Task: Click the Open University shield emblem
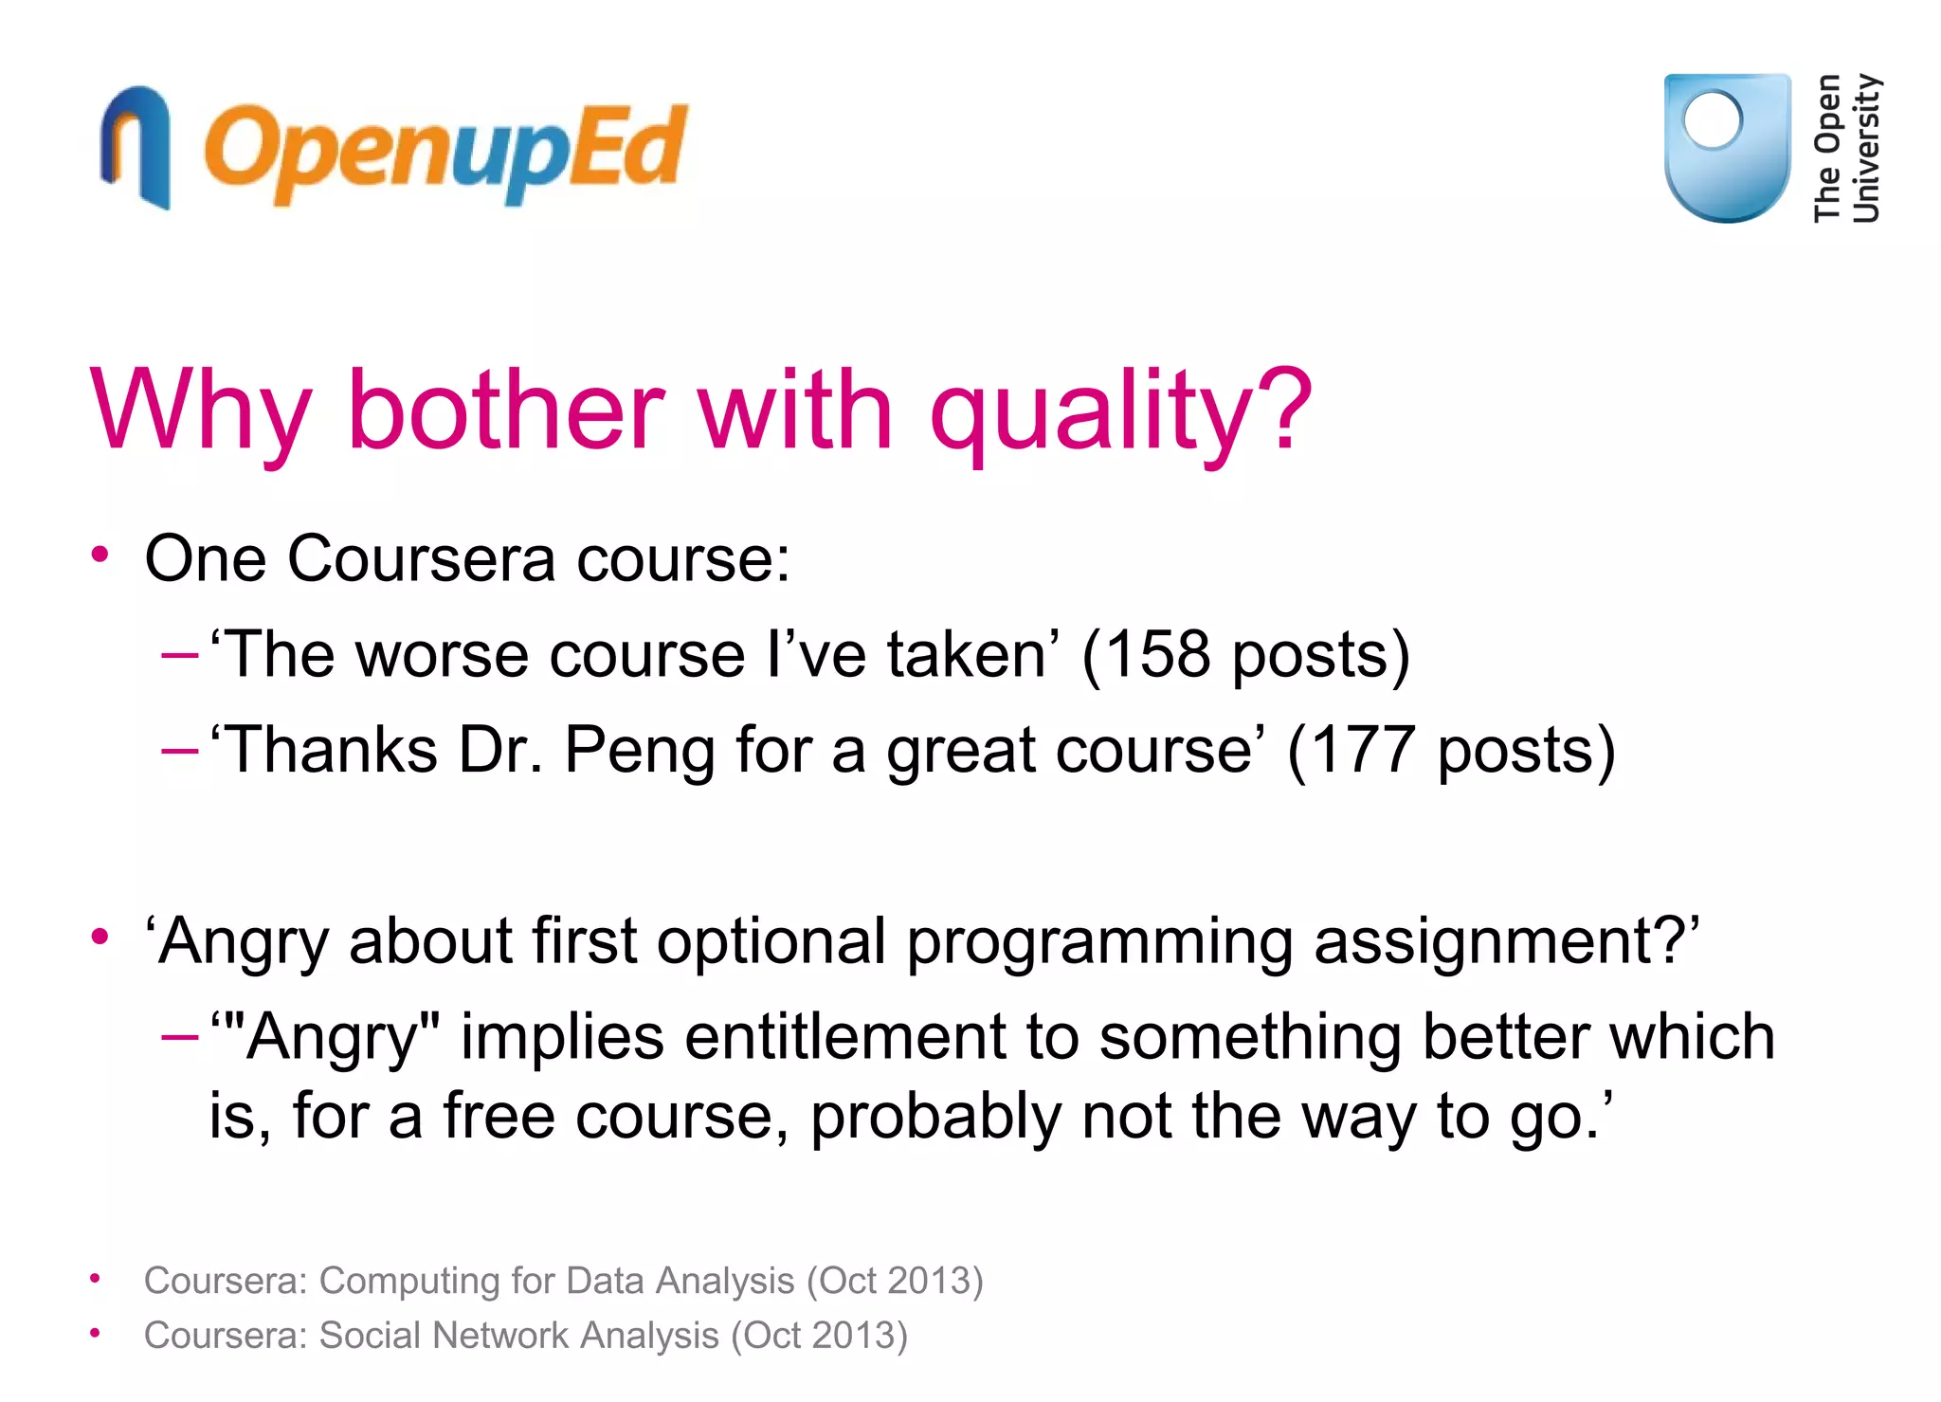pyautogui.click(x=1727, y=147)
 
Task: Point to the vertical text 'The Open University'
pyautogui.click(x=1846, y=148)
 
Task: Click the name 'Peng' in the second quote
pyautogui.click(x=640, y=752)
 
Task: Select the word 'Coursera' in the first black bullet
pyautogui.click(x=421, y=558)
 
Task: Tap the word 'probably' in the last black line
pyautogui.click(x=934, y=1117)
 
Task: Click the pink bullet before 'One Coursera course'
pyautogui.click(x=100, y=555)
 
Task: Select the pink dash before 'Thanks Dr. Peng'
pyautogui.click(x=179, y=751)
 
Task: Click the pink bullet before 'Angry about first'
pyautogui.click(x=100, y=937)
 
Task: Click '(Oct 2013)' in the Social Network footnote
pyautogui.click(x=818, y=1336)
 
